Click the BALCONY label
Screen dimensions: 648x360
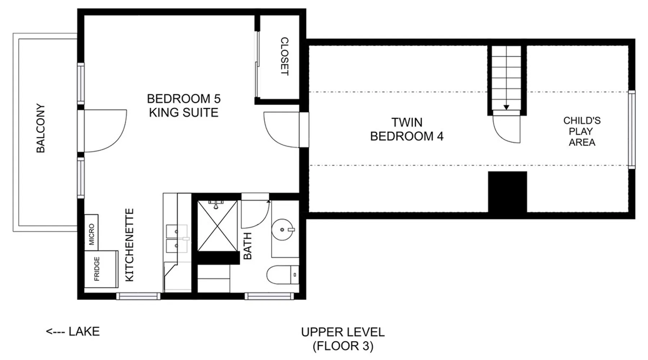[41, 128]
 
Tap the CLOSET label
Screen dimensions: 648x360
[284, 56]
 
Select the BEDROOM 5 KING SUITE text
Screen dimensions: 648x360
[184, 105]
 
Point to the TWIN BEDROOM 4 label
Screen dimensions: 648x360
[407, 129]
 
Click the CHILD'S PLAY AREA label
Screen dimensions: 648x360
[582, 131]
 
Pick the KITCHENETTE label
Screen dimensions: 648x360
[129, 245]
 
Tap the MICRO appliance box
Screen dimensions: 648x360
[91, 233]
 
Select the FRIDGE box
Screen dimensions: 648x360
[101, 269]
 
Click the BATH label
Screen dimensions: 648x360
[248, 246]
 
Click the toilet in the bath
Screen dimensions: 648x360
[283, 275]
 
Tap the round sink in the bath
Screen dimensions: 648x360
[283, 229]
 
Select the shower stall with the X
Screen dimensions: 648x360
[217, 226]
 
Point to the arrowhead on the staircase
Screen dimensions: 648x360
[506, 107]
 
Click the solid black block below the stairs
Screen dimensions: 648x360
[507, 192]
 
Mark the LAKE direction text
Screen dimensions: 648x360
[73, 331]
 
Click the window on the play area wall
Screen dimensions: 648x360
[631, 130]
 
